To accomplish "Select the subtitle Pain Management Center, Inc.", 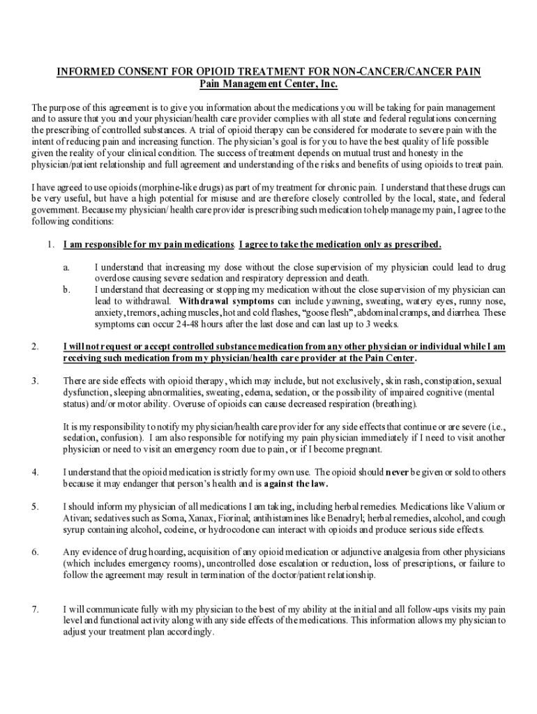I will point(268,84).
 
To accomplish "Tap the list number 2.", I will point(34,346).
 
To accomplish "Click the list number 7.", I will point(34,609).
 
